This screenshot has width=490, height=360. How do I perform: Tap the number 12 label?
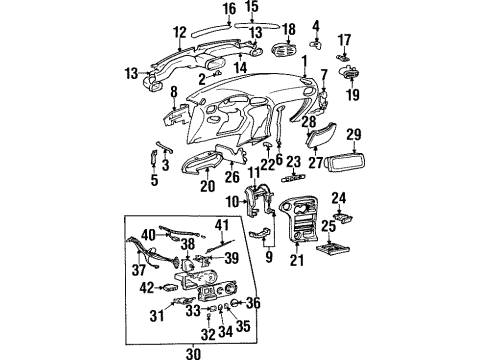[x=179, y=32]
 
